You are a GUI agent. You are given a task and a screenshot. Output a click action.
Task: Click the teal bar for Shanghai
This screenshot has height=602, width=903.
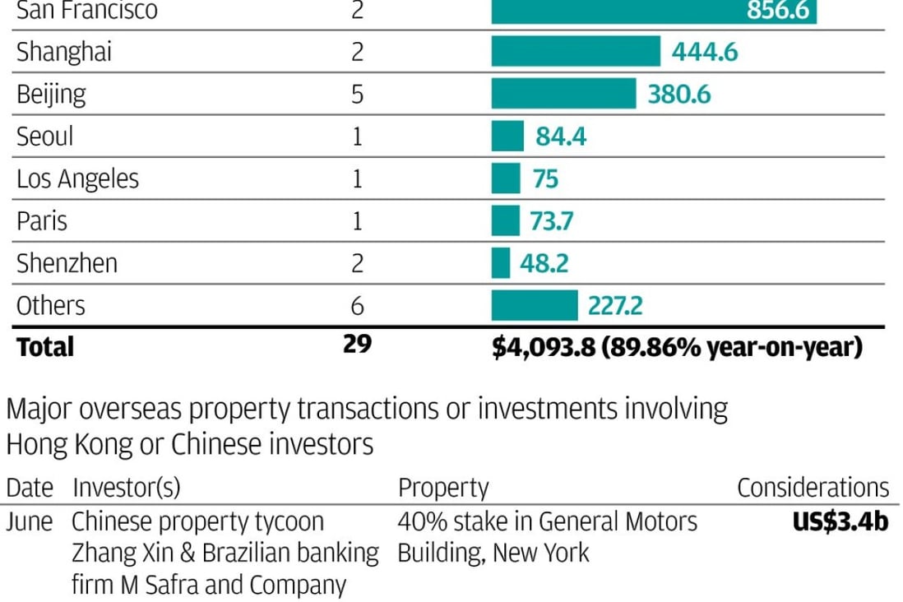point(576,52)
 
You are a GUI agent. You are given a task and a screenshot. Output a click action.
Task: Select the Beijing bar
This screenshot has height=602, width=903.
point(563,94)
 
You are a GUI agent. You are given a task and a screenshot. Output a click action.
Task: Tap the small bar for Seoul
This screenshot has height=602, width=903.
point(507,136)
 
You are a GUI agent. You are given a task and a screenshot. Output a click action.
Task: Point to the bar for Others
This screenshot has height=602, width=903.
point(535,306)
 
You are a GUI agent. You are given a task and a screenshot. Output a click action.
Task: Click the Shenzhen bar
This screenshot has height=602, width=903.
point(501,263)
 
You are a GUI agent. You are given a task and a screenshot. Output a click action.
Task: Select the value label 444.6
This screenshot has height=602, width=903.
point(705,53)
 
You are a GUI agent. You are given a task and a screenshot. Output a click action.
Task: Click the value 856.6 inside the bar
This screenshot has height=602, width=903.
point(778,11)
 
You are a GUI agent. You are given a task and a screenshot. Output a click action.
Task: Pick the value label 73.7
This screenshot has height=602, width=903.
point(546,221)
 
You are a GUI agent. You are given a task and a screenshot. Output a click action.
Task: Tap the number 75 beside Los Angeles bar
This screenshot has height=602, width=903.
point(545,178)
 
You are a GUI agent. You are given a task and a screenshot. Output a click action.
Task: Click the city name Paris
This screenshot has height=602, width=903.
point(42,221)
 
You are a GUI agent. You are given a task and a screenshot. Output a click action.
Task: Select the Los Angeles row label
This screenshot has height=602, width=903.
point(77,179)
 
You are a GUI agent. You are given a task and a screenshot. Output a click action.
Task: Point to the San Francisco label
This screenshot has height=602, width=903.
point(87,11)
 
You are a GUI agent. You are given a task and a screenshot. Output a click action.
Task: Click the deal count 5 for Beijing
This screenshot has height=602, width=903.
point(357,94)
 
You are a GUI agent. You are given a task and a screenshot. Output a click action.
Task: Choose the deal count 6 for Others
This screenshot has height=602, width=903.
point(357,306)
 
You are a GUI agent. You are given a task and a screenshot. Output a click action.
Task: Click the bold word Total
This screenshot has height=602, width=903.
point(45,347)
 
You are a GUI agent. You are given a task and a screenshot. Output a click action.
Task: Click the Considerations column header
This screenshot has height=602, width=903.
point(813,488)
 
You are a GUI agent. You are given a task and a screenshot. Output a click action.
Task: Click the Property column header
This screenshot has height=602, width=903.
point(443,489)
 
